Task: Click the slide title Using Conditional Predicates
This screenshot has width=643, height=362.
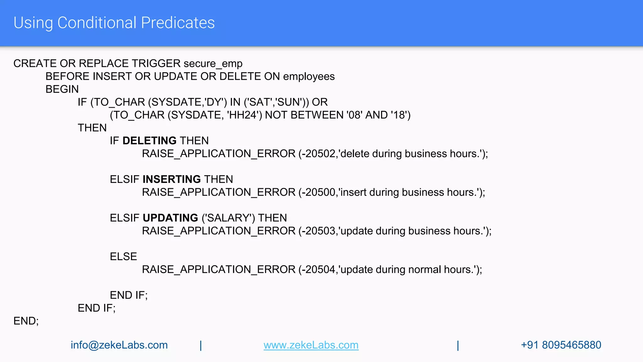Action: pos(114,23)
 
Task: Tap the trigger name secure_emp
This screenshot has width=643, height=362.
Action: pos(213,63)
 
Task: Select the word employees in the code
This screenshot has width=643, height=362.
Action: pos(309,76)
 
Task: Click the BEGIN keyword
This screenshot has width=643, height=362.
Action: pos(62,89)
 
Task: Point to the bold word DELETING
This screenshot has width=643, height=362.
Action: pos(149,141)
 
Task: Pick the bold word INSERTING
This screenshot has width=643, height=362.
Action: pos(172,179)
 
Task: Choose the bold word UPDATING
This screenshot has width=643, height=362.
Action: pos(170,218)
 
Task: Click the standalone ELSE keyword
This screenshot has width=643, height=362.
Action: pos(123,257)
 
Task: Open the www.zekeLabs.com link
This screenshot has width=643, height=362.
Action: pos(311,345)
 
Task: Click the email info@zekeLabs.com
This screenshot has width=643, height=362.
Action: pos(119,345)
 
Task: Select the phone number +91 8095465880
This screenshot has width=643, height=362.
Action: pos(561,345)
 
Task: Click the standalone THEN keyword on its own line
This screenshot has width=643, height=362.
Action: pos(92,128)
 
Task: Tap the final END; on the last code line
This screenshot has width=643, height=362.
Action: pos(26,321)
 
